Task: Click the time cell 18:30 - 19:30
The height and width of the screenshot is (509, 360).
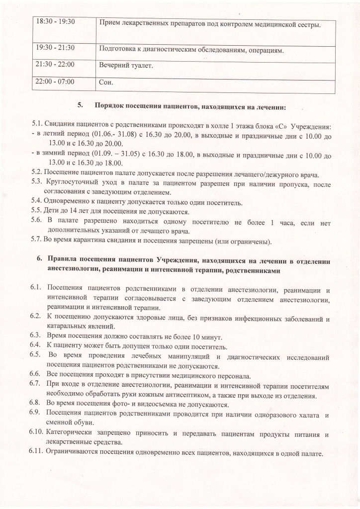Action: pyautogui.click(x=54, y=23)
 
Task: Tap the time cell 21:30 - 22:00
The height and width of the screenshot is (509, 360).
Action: pyautogui.click(x=54, y=65)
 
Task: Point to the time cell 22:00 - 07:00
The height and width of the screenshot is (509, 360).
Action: pyautogui.click(x=54, y=82)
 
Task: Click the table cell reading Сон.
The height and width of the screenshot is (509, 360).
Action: pyautogui.click(x=106, y=83)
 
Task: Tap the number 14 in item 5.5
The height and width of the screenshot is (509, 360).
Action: pyautogui.click(x=74, y=210)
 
